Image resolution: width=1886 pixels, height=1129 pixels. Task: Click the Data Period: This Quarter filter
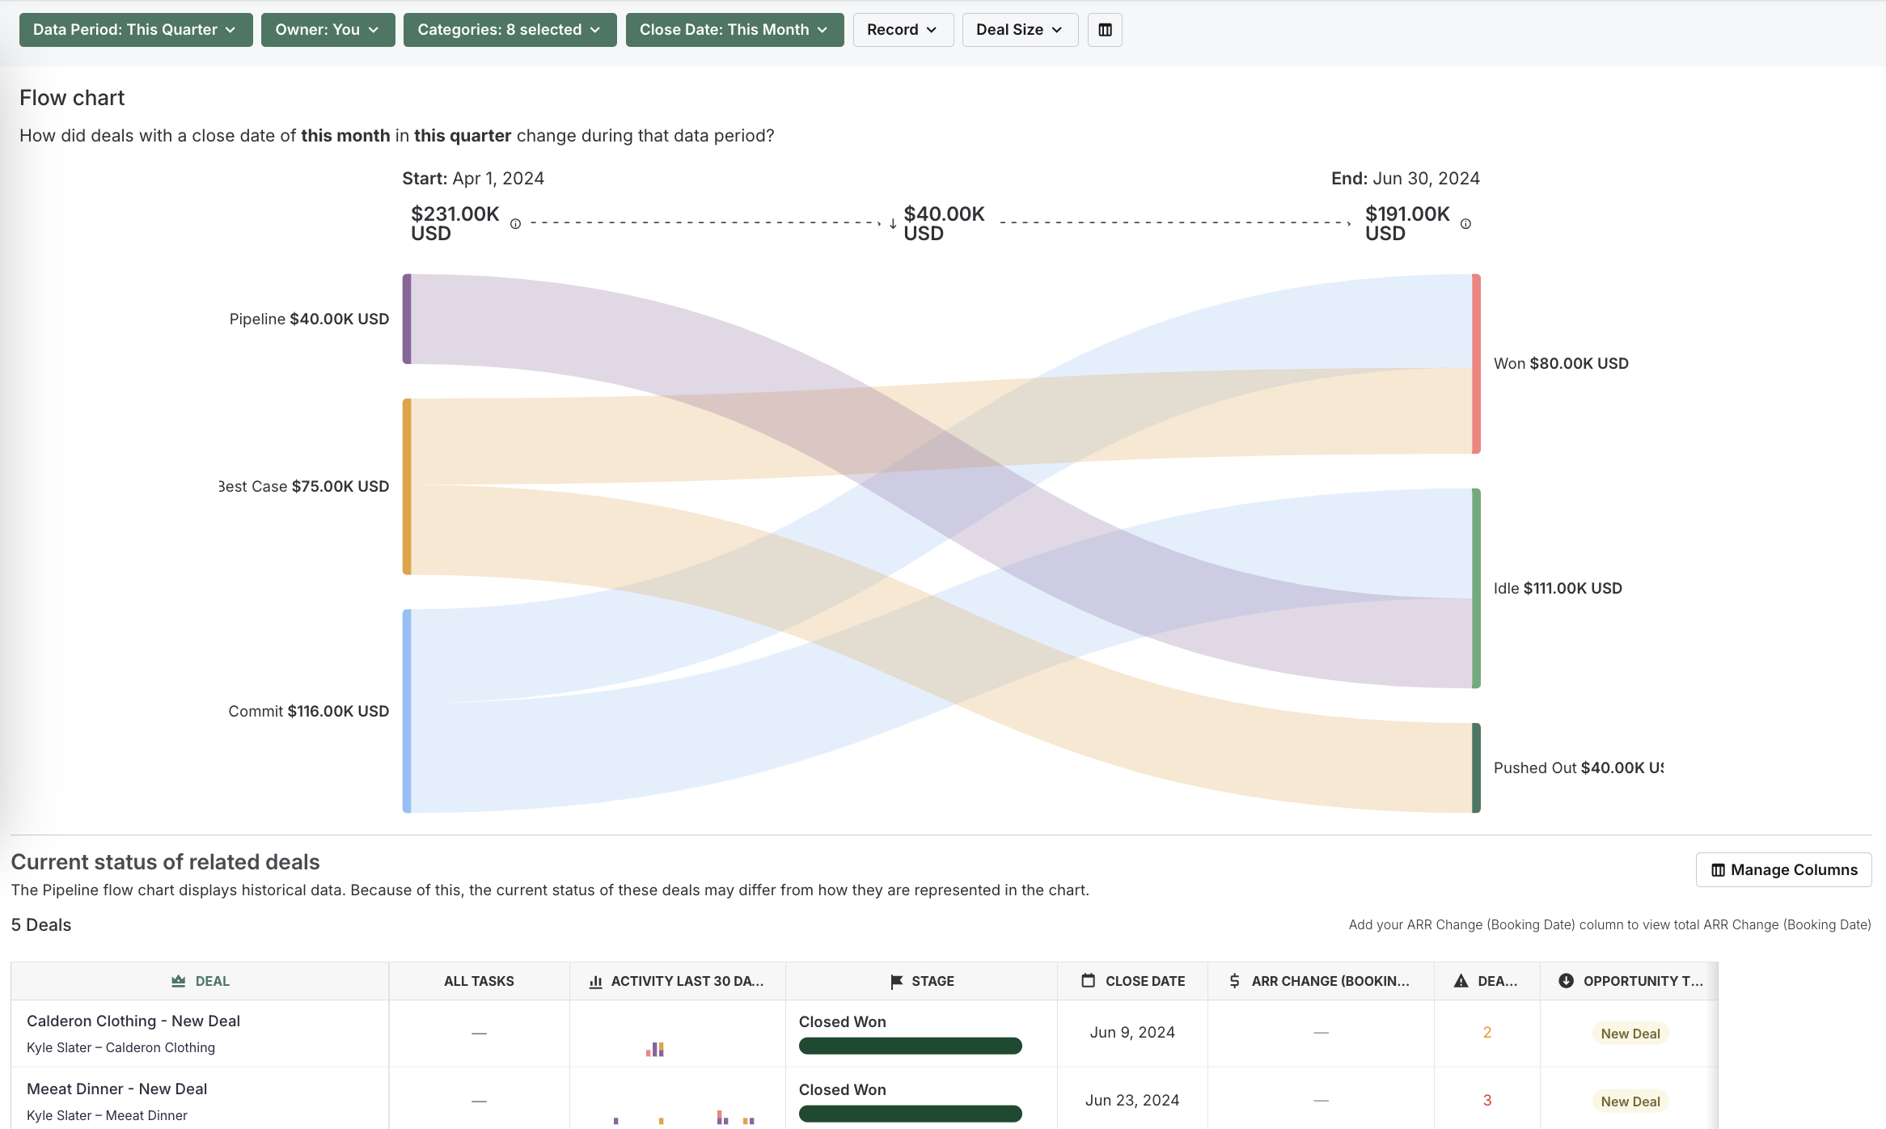[135, 30]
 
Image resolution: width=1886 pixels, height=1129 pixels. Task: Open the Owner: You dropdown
[328, 30]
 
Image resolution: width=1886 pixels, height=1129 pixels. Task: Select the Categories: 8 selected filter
[510, 30]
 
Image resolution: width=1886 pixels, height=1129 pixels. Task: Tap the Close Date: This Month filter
[734, 30]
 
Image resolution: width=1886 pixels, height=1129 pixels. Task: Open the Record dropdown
[903, 30]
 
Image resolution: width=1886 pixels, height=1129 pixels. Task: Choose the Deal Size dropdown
[1020, 30]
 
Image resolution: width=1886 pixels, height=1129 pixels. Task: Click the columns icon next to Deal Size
[1105, 30]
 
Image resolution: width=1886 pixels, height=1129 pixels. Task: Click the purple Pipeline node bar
[407, 319]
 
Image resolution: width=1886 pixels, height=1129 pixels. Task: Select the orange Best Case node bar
[407, 486]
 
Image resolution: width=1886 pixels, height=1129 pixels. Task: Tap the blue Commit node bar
[407, 711]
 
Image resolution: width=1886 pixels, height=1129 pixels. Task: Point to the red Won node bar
[1476, 363]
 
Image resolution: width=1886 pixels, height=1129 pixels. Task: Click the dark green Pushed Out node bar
[1476, 767]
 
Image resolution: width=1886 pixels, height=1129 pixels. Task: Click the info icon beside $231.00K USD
[515, 224]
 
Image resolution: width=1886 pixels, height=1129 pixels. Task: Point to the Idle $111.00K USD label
[1558, 589]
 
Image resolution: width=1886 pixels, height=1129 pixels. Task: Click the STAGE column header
[922, 981]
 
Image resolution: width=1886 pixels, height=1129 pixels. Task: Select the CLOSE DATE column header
[1133, 981]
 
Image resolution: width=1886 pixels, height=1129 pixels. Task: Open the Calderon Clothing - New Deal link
[133, 1021]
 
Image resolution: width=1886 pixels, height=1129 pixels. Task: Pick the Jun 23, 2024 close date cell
[1132, 1101]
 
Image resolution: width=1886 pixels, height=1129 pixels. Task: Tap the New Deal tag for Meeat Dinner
[1630, 1102]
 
